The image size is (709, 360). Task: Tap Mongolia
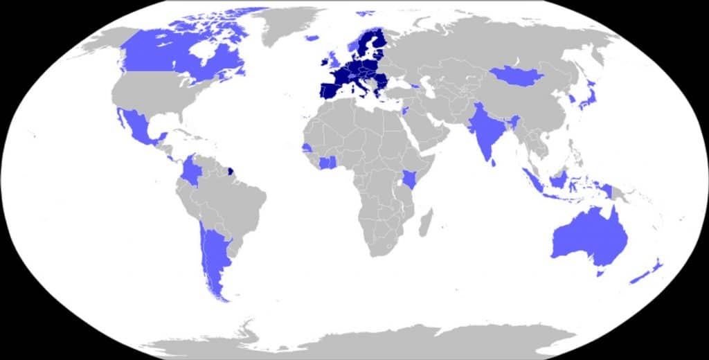tap(517, 75)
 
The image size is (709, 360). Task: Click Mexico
tap(138, 128)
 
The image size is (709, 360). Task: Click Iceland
tap(312, 38)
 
